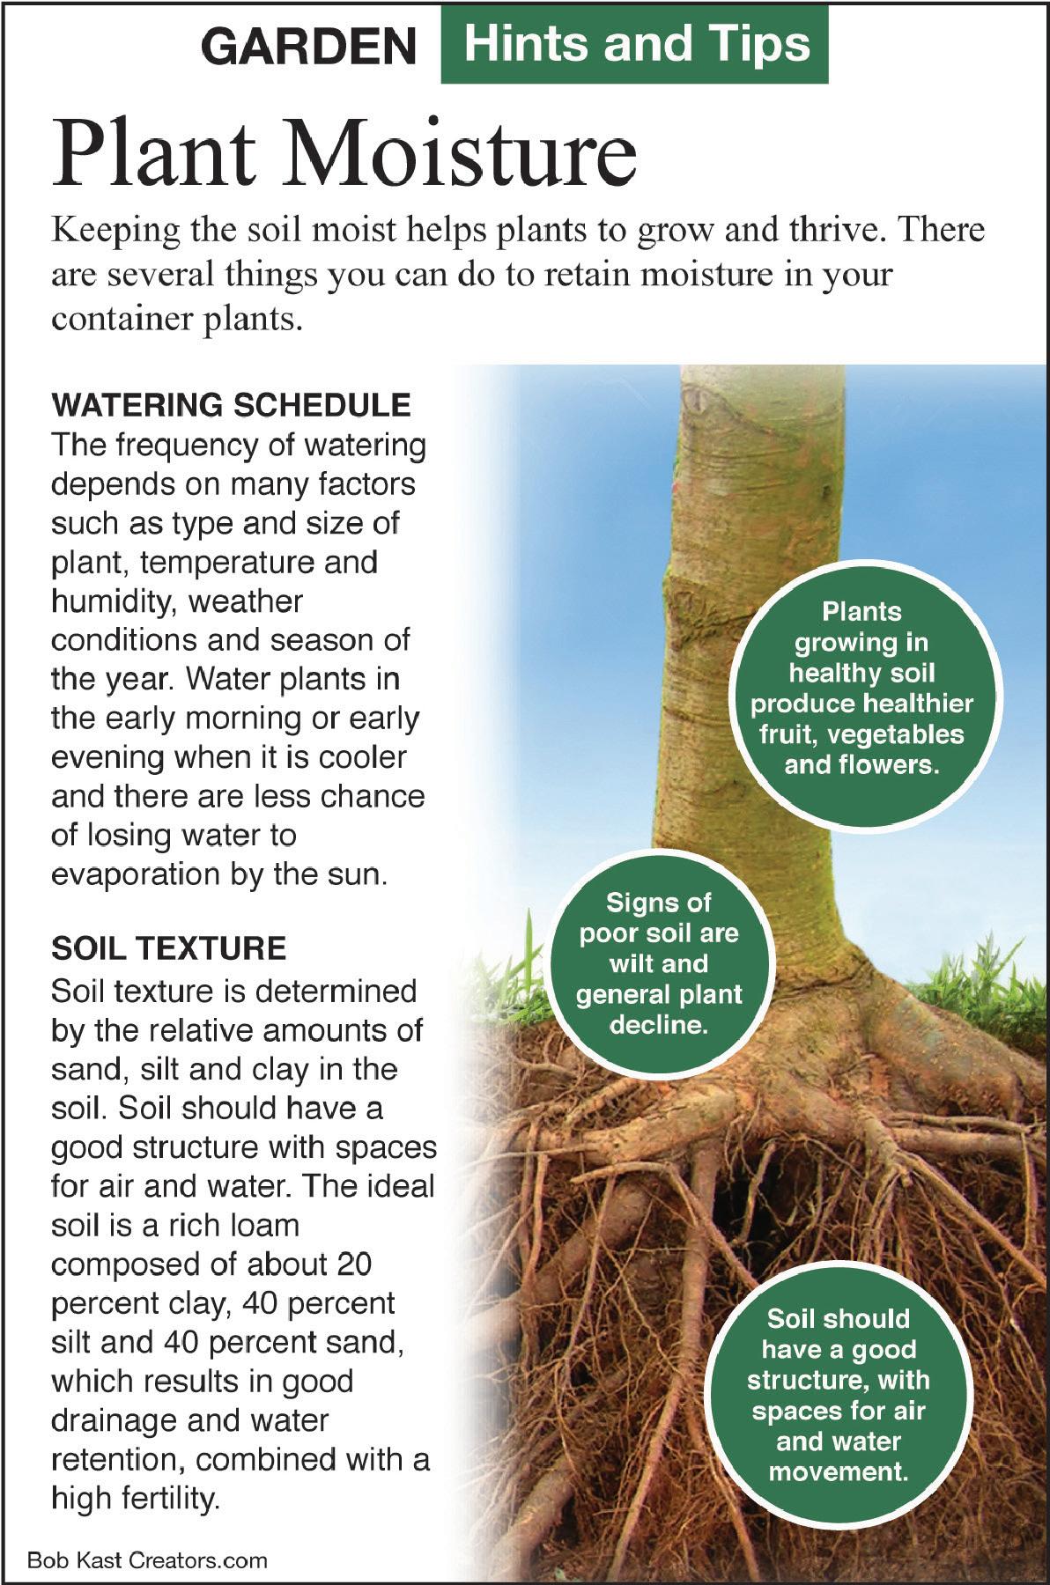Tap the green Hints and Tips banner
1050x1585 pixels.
(634, 44)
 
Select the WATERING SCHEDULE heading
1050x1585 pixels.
(231, 405)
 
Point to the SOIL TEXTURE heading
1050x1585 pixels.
(168, 948)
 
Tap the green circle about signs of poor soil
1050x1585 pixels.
(658, 964)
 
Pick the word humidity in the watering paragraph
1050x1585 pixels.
(114, 602)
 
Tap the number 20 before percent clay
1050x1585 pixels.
(352, 1264)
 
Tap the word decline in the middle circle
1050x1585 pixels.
(658, 1026)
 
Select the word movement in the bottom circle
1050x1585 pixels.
(838, 1471)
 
